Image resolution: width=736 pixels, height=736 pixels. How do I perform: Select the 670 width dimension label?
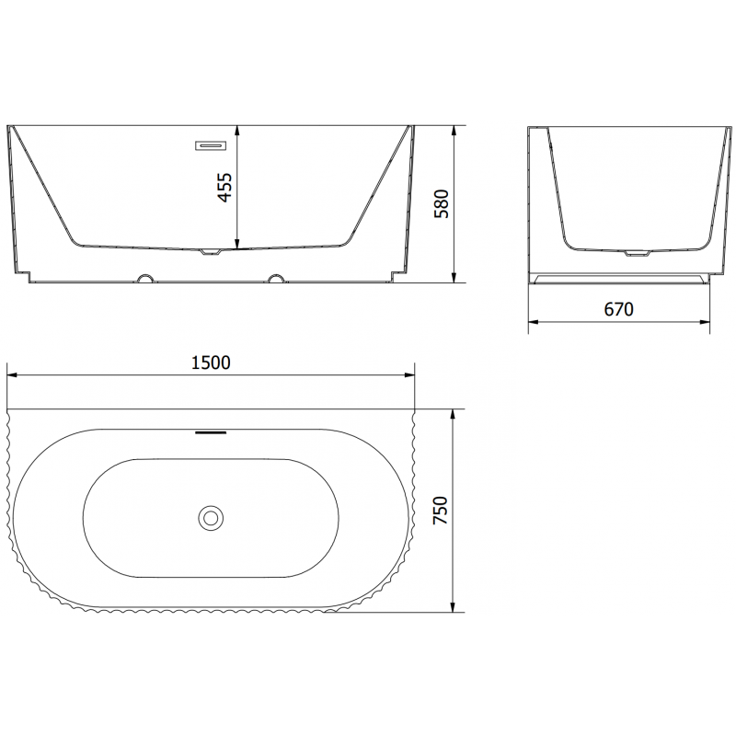point(619,309)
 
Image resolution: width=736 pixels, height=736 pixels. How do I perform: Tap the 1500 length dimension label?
point(210,362)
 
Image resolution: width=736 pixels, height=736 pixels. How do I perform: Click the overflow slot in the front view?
point(210,144)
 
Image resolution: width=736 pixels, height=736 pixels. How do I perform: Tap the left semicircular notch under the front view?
point(144,277)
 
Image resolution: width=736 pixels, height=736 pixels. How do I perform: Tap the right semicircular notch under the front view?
point(275,277)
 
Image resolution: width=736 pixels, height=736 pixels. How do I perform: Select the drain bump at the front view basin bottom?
point(211,250)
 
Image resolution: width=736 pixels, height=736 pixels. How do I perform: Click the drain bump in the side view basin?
point(636,252)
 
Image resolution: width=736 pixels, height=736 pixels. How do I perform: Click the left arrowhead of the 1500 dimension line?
point(12,375)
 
